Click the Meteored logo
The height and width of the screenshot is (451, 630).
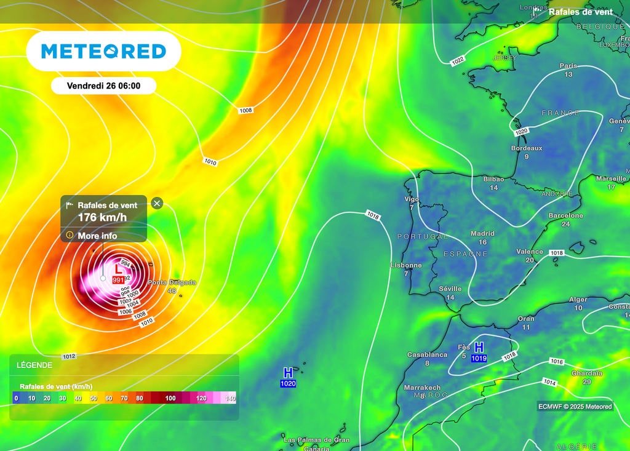click(103, 51)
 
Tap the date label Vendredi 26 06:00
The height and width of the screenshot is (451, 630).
click(103, 86)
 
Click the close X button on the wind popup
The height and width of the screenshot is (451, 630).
click(157, 203)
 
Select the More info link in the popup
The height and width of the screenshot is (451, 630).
click(97, 236)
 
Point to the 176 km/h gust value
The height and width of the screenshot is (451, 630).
click(102, 217)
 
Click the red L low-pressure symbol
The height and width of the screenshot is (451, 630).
click(119, 269)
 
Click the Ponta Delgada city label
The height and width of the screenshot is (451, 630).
click(172, 282)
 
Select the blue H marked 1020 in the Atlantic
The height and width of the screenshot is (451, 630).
click(288, 372)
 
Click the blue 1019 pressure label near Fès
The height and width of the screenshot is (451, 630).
click(479, 358)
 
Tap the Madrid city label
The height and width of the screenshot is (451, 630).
click(482, 234)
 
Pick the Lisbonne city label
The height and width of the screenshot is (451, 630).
click(406, 266)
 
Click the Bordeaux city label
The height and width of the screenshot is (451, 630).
click(527, 148)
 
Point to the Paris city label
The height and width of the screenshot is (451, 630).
click(568, 66)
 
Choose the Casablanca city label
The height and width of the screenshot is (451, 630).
click(427, 355)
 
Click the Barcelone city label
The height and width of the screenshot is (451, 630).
click(566, 216)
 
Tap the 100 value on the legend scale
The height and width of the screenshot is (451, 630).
click(170, 398)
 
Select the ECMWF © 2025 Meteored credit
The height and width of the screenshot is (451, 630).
click(575, 406)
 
